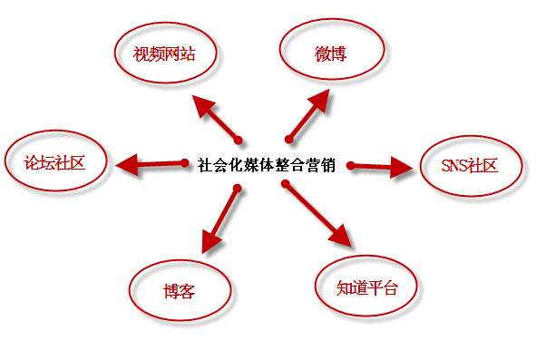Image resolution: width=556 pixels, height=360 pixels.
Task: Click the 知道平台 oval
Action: tap(367, 287)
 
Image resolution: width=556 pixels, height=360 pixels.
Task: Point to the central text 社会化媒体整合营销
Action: tap(266, 166)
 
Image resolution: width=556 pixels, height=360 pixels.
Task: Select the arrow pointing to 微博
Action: tap(307, 117)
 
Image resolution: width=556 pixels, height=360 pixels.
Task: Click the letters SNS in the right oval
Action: tap(454, 166)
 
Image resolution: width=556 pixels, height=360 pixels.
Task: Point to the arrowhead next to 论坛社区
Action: tap(127, 164)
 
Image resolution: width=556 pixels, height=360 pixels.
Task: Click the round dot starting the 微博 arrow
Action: tap(289, 139)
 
